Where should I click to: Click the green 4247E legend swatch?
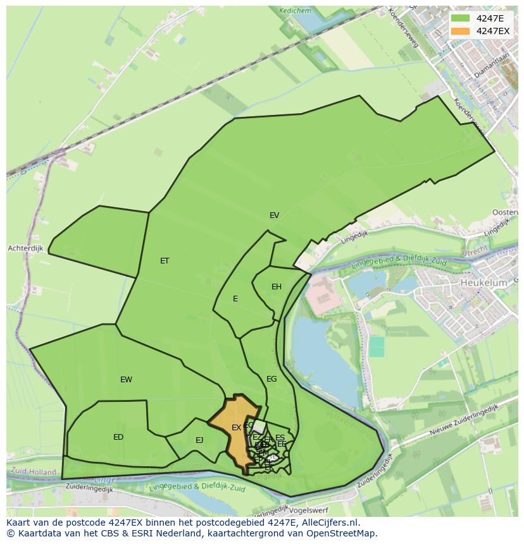pyautogui.click(x=460, y=18)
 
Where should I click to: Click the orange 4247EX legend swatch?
pyautogui.click(x=460, y=30)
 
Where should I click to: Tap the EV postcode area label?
pyautogui.click(x=274, y=215)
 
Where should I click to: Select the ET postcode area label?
pyautogui.click(x=165, y=261)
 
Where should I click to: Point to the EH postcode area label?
pyautogui.click(x=277, y=287)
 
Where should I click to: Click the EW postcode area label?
pyautogui.click(x=126, y=380)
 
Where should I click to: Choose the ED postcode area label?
pyautogui.click(x=118, y=437)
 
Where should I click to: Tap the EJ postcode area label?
pyautogui.click(x=199, y=440)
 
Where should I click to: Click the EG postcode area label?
pyautogui.click(x=271, y=379)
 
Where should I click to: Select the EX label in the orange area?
pyautogui.click(x=236, y=428)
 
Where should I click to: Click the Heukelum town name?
pyautogui.click(x=483, y=283)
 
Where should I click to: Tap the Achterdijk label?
pyautogui.click(x=25, y=249)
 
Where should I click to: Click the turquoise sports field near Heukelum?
pyautogui.click(x=377, y=346)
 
